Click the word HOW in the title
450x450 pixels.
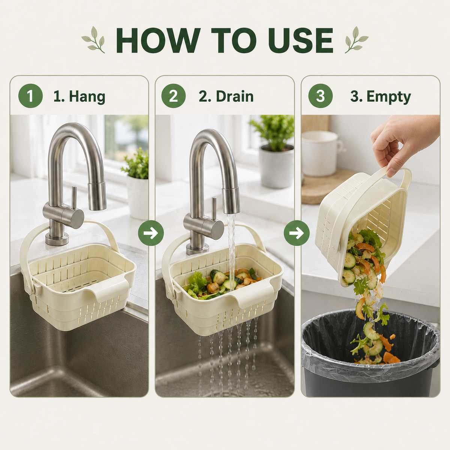pyautogui.click(x=158, y=40)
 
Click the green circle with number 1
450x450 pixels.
pyautogui.click(x=30, y=96)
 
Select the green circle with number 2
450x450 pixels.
pyautogui.click(x=173, y=96)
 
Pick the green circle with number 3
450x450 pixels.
pyautogui.click(x=320, y=96)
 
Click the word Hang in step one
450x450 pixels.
pyautogui.click(x=87, y=96)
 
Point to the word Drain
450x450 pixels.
pyautogui.click(x=235, y=96)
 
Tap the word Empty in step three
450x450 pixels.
pyautogui.click(x=388, y=96)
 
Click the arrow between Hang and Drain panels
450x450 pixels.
pyautogui.click(x=151, y=233)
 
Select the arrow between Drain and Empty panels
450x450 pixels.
pyautogui.click(x=297, y=233)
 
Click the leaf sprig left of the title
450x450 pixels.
pyautogui.click(x=93, y=40)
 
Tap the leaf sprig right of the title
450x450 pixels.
pyautogui.click(x=356, y=40)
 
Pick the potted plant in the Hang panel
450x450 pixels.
pyautogui.click(x=136, y=183)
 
